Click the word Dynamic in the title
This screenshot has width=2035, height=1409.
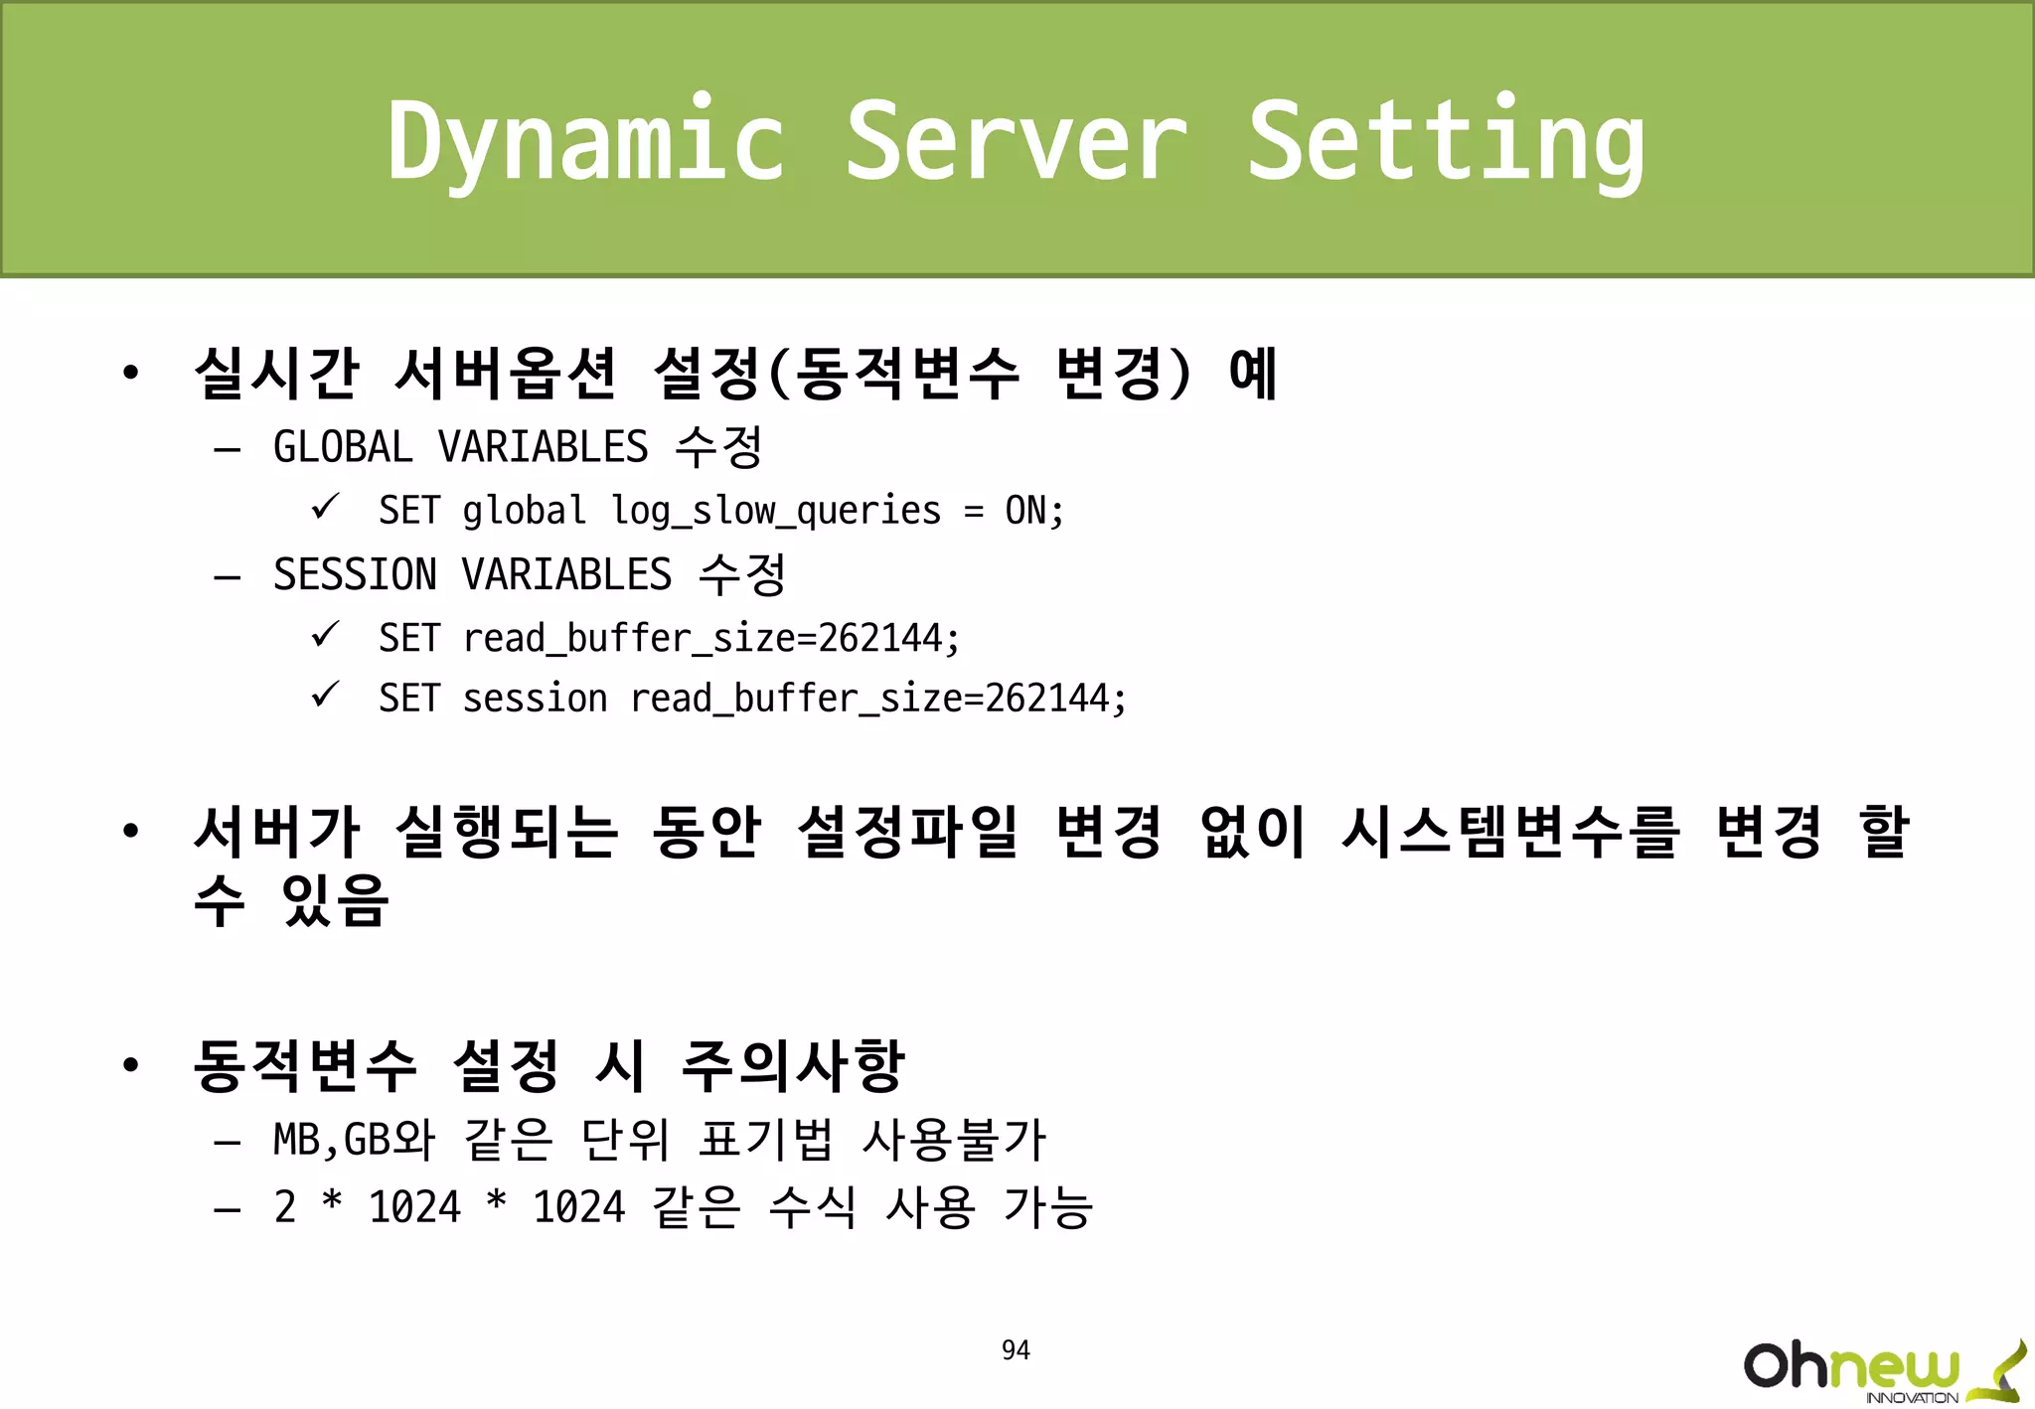586,142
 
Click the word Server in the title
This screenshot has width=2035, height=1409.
1016,142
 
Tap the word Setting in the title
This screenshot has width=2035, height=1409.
1446,142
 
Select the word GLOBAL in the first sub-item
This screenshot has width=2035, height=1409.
343,447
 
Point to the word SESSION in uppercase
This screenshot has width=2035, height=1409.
355,575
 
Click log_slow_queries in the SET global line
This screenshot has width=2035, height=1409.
775,512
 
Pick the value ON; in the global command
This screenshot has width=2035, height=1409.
1034,511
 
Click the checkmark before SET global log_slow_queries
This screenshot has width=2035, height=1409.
325,507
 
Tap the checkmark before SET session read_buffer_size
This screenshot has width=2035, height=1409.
325,695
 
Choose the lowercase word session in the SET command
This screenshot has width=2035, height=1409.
535,699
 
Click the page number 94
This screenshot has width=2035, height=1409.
1016,1350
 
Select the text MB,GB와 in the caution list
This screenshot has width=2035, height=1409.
354,1140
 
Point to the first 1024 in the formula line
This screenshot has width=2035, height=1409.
414,1208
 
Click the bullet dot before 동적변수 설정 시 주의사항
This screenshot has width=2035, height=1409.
130,1065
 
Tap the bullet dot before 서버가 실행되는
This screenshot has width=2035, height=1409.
130,831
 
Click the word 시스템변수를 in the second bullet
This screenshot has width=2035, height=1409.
1510,832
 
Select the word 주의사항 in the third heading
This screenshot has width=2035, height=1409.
793,1065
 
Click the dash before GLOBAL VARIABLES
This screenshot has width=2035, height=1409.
228,449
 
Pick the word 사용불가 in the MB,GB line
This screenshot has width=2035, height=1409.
954,1140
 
